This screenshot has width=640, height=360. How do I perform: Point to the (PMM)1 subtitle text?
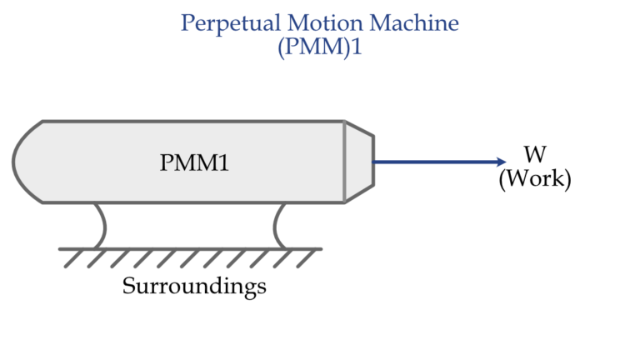point(321,47)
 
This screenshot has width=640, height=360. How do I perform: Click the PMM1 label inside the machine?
point(194,163)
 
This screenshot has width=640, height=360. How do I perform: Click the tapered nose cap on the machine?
point(358,162)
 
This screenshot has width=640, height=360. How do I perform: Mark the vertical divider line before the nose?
point(343,162)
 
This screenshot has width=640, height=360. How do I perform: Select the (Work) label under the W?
point(535,179)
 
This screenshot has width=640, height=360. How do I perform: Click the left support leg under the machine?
point(101,225)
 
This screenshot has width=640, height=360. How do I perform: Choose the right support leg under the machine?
point(280,225)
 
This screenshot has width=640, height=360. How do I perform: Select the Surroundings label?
point(194,287)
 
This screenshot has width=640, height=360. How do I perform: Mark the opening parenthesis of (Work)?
point(502,180)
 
